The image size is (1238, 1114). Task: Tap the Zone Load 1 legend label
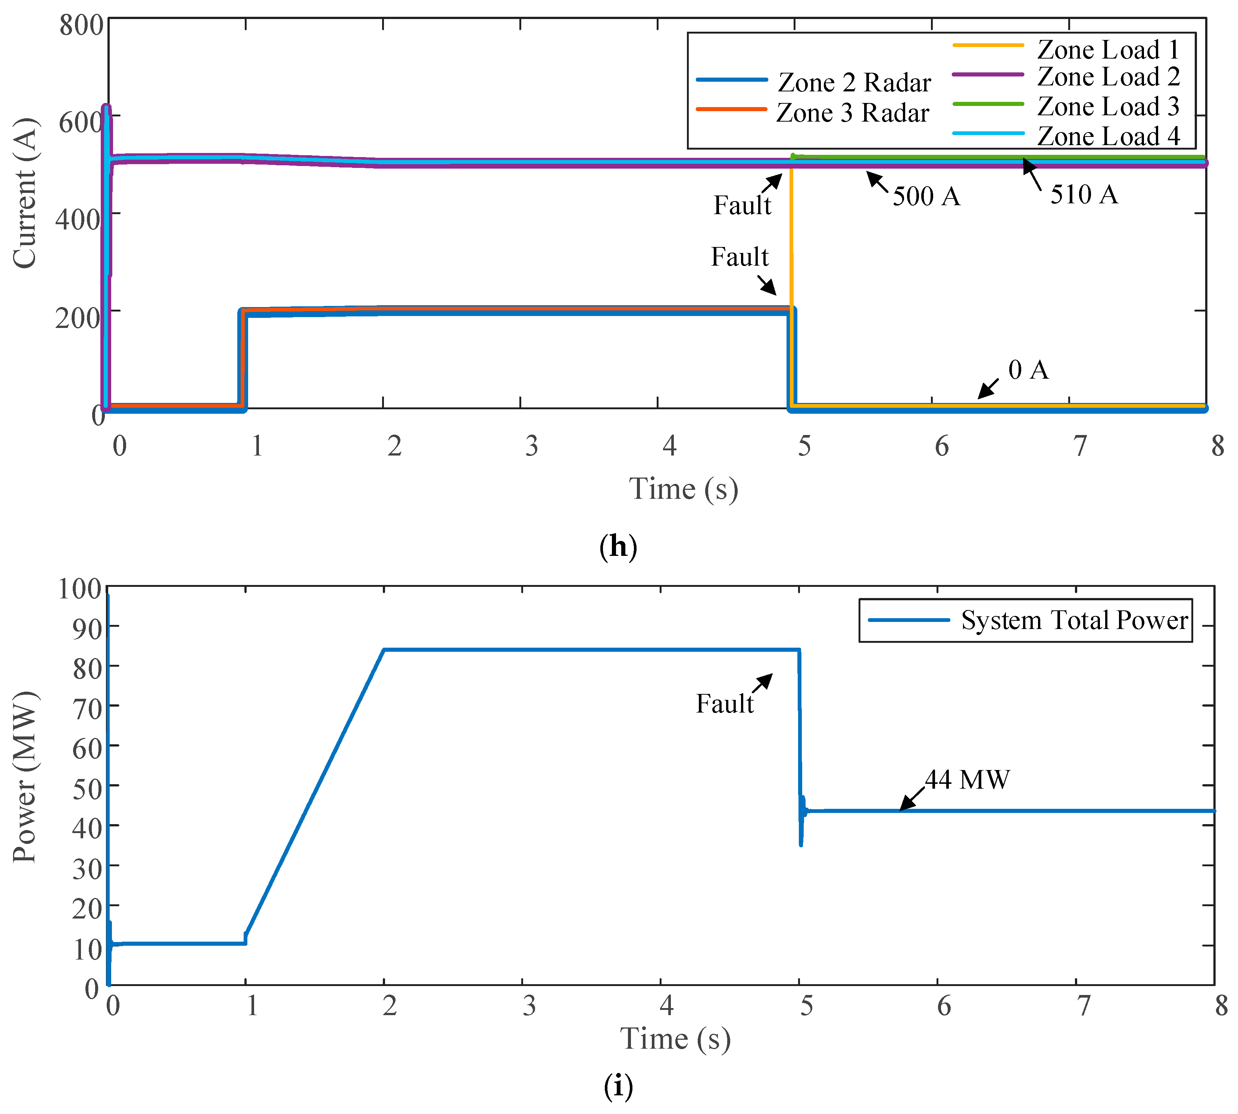(1107, 49)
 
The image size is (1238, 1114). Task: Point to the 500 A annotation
(926, 196)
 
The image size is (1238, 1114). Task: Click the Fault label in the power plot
(724, 703)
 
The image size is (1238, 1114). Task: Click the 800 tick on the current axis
(81, 26)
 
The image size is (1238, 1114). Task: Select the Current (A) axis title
(25, 193)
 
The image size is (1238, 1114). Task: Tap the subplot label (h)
(618, 545)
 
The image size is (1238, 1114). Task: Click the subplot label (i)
(618, 1086)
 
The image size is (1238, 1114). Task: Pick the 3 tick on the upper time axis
(531, 445)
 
